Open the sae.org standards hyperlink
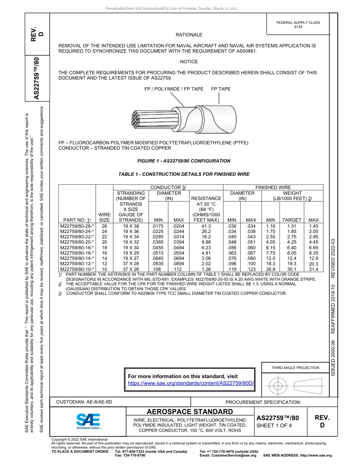[191, 383]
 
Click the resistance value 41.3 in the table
[206, 226]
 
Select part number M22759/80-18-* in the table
[77, 247]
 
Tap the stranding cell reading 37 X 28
[131, 263]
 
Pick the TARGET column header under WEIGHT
[291, 220]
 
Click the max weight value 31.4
[313, 269]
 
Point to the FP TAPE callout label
[221, 89]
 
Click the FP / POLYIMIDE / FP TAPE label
[174, 89]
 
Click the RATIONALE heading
[189, 35]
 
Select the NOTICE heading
[189, 62]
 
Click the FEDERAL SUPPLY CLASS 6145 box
[298, 25]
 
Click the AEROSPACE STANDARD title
[190, 412]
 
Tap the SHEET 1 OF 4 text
[274, 425]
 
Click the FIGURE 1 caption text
[183, 161]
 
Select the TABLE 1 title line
[184, 174]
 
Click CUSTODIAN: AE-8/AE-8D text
[84, 402]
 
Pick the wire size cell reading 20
[104, 242]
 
